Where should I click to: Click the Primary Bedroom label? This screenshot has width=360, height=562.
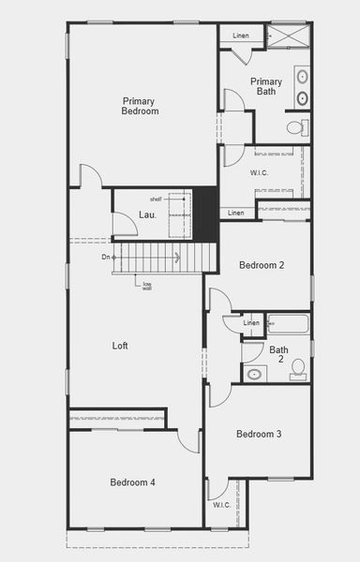pyautogui.click(x=140, y=106)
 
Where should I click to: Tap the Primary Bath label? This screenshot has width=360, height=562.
pyautogui.click(x=266, y=86)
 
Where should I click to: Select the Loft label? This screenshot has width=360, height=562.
pyautogui.click(x=120, y=346)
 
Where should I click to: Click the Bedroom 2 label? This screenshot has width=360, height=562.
pyautogui.click(x=262, y=265)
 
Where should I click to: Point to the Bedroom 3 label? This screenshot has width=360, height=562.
pyautogui.click(x=259, y=434)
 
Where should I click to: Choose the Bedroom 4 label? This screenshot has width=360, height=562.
pyautogui.click(x=132, y=482)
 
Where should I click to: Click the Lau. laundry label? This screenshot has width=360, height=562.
pyautogui.click(x=147, y=214)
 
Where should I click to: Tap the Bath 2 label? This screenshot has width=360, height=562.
pyautogui.click(x=278, y=356)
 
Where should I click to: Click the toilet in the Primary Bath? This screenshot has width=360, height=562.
pyautogui.click(x=295, y=126)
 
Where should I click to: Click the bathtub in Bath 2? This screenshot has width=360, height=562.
pyautogui.click(x=289, y=324)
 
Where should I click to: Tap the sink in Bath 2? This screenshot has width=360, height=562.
pyautogui.click(x=254, y=374)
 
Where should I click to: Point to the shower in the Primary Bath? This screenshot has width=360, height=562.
pyautogui.click(x=289, y=36)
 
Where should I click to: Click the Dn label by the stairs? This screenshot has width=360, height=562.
pyautogui.click(x=106, y=257)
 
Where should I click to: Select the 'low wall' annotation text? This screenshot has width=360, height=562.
pyautogui.click(x=147, y=286)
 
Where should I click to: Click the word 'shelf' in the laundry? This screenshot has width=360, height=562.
pyautogui.click(x=156, y=200)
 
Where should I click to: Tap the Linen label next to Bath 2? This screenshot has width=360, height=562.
pyautogui.click(x=251, y=323)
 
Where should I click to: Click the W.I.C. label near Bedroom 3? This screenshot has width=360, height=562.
pyautogui.click(x=221, y=505)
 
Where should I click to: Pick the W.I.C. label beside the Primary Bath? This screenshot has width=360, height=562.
pyautogui.click(x=259, y=173)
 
